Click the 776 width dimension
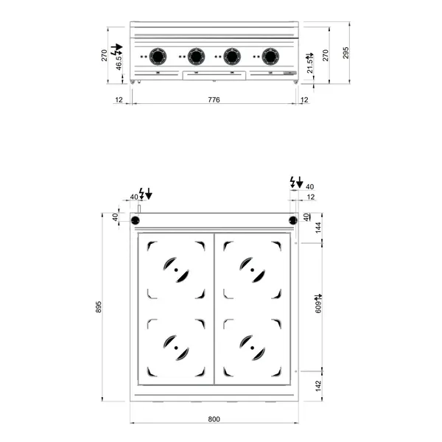(x=213, y=99)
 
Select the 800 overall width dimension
(x=213, y=419)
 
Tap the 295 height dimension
(x=345, y=52)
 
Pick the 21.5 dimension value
(x=309, y=63)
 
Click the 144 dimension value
(x=318, y=228)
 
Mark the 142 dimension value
(x=318, y=386)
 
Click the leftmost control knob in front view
(x=158, y=55)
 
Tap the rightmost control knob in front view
(x=270, y=55)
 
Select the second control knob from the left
(x=195, y=55)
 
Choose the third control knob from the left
(x=231, y=55)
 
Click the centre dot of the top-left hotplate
(x=175, y=270)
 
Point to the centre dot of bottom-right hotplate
(x=252, y=347)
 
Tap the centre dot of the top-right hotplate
(x=252, y=270)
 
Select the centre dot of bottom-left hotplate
(x=175, y=347)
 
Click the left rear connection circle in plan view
(x=136, y=220)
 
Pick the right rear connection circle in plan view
(x=292, y=220)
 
